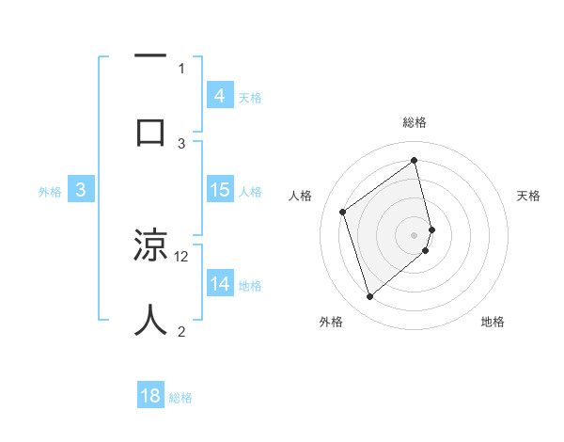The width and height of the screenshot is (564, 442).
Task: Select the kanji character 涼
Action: coord(150,246)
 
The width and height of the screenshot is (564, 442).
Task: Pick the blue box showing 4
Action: coord(219,95)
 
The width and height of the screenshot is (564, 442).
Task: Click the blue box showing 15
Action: coord(219,190)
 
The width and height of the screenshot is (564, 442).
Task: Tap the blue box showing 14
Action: coord(219,284)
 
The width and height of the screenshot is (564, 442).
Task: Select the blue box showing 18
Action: coord(150,396)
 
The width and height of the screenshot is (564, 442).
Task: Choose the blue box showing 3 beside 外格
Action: coord(81,190)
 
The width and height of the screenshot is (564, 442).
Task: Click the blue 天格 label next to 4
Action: coord(250,97)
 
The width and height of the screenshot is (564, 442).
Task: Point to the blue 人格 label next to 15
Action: coord(250,192)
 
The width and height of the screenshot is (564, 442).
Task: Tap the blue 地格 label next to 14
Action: coord(250,286)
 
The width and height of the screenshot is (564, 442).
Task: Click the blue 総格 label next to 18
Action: coord(180,398)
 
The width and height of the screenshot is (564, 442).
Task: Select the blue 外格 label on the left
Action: coord(50,192)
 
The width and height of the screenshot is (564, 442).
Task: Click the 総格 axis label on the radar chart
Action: coord(415,123)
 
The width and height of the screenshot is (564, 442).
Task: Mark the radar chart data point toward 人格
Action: coord(343,213)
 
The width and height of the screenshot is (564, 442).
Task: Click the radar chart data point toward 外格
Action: coord(369,297)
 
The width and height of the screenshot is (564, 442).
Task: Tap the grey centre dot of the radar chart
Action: coord(415,234)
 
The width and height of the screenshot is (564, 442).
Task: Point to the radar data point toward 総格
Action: coord(415,160)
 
